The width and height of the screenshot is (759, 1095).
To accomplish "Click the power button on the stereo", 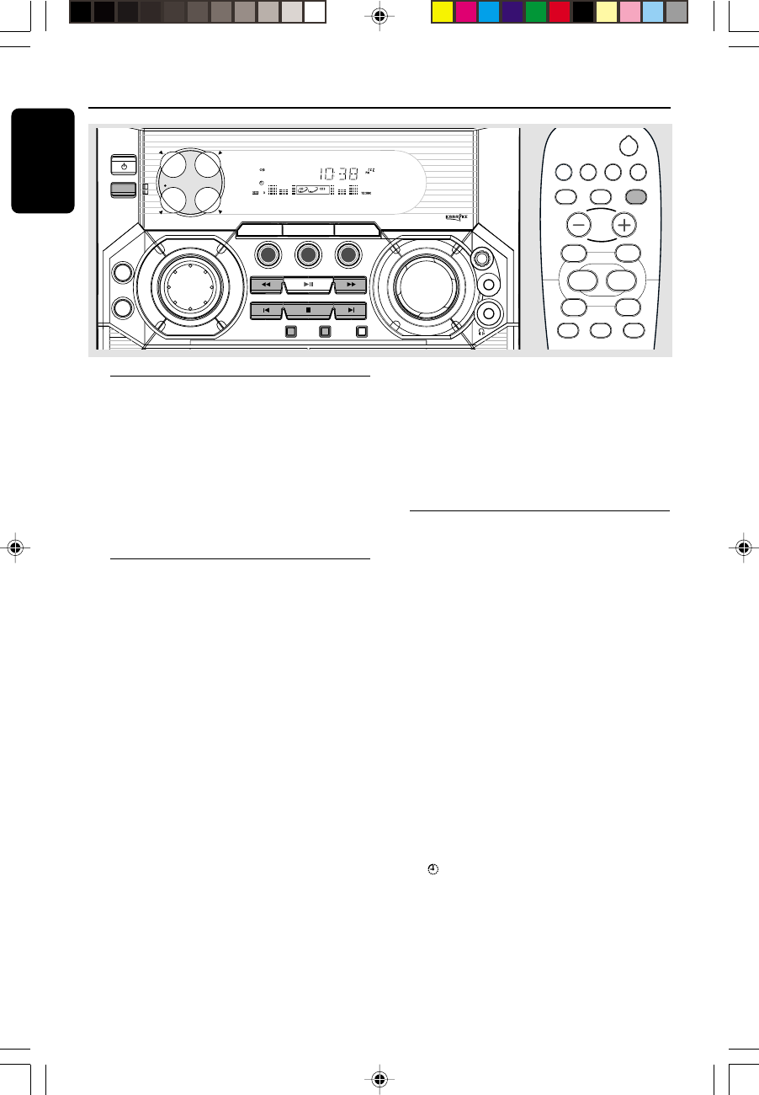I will pos(122,166).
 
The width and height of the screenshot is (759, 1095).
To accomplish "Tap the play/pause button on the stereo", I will pos(309,285).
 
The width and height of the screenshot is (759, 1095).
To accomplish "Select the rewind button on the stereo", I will pos(267,285).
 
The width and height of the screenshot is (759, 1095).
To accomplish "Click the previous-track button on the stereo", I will pos(267,311).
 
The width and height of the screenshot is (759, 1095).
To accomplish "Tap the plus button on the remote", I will pos(624,225).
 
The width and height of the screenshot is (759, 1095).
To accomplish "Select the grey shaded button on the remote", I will pos(637,196).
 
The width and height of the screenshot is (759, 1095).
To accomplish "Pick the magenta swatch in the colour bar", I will pos(466,13).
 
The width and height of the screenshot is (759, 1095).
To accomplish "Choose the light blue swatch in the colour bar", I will pos(654,13).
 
